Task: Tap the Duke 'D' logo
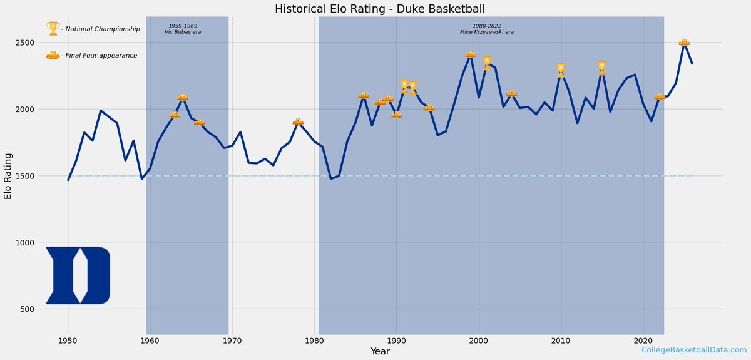click(x=78, y=275)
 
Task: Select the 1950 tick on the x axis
click(x=68, y=341)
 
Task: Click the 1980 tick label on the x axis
click(x=314, y=341)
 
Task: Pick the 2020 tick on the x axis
click(x=643, y=341)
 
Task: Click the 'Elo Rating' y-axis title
click(x=8, y=175)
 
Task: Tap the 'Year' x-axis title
click(x=380, y=352)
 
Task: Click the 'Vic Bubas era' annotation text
click(x=183, y=31)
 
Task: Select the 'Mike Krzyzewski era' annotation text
click(x=487, y=31)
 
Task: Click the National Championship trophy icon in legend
click(x=53, y=29)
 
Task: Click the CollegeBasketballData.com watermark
click(x=693, y=350)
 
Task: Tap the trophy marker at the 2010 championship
click(x=561, y=69)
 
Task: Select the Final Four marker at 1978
click(x=298, y=122)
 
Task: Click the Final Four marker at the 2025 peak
click(x=684, y=42)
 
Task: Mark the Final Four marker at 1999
click(x=470, y=54)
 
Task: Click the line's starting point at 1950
click(x=68, y=180)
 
